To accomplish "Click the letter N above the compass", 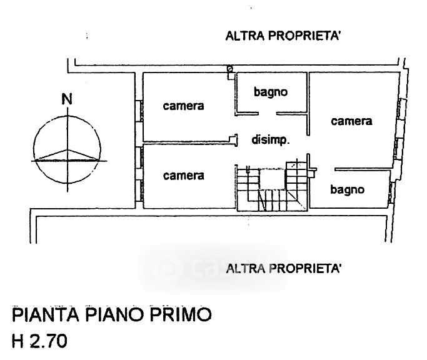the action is click(x=66, y=100).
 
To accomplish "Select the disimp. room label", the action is click(x=270, y=141).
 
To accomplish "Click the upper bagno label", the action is click(x=270, y=92).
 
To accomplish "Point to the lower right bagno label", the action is click(x=348, y=189).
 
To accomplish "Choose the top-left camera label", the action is click(x=183, y=106).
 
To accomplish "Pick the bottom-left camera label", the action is click(x=183, y=176).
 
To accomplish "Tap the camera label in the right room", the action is click(x=351, y=121).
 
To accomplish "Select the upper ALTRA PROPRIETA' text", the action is click(x=283, y=36).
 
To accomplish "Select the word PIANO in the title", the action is click(x=114, y=314).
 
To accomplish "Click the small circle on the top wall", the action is click(x=230, y=68).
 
